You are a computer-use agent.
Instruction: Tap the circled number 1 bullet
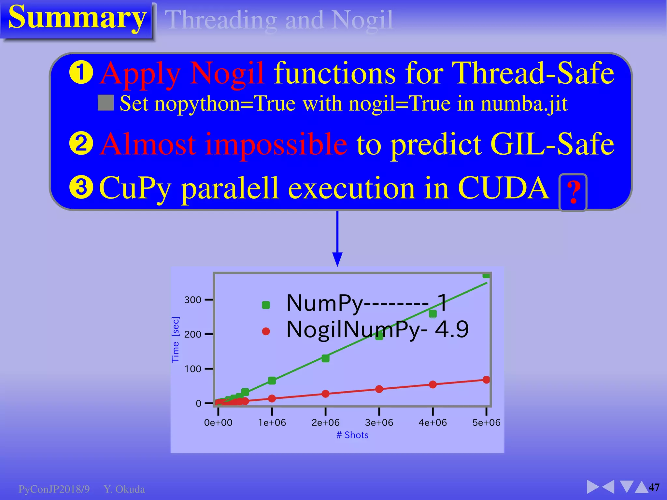point(81,73)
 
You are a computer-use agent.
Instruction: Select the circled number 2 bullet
point(81,143)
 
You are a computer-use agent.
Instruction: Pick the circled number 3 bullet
point(81,187)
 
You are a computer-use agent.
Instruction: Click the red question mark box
point(573,192)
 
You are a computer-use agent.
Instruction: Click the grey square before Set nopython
point(106,103)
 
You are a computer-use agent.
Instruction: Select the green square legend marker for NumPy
point(266,305)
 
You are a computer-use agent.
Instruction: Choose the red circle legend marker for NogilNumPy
point(266,331)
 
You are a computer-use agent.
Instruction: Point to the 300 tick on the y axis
point(192,300)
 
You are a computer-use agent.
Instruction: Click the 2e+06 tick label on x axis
point(325,423)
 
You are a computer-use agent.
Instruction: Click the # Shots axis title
point(352,435)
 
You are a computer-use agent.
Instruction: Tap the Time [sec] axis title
point(175,340)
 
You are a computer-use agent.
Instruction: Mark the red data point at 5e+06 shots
point(486,380)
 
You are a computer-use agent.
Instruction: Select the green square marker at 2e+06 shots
point(325,358)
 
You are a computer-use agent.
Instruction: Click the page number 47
point(654,487)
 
